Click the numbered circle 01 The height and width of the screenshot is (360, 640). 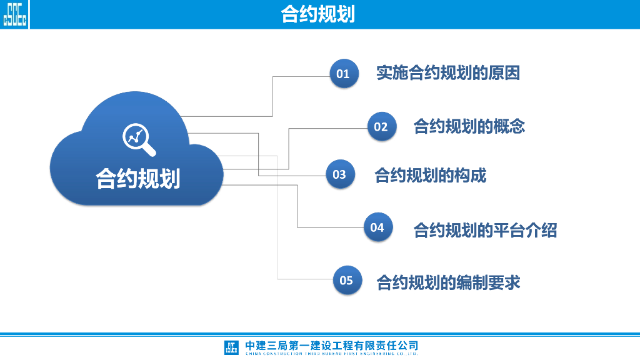coord(343,74)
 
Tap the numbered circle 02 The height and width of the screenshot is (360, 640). coord(381,127)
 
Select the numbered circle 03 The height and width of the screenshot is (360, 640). coord(339,174)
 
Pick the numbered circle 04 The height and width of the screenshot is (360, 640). coord(377,227)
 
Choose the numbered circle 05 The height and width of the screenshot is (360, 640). coord(346,280)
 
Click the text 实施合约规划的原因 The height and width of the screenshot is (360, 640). coord(447,73)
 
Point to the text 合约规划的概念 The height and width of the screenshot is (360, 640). coord(469,126)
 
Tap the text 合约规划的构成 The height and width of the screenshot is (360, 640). coord(430,176)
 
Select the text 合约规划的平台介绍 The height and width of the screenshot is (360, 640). coord(485,230)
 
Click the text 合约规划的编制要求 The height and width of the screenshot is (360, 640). coord(447,282)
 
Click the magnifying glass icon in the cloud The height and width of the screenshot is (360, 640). coord(138,139)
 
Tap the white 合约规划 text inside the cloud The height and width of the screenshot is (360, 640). coord(137,178)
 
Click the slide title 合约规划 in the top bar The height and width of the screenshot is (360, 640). coord(318,14)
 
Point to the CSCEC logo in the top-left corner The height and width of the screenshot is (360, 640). coord(15,14)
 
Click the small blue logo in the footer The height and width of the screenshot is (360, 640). coord(231,347)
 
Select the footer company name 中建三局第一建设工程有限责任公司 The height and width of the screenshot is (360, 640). coord(331,345)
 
